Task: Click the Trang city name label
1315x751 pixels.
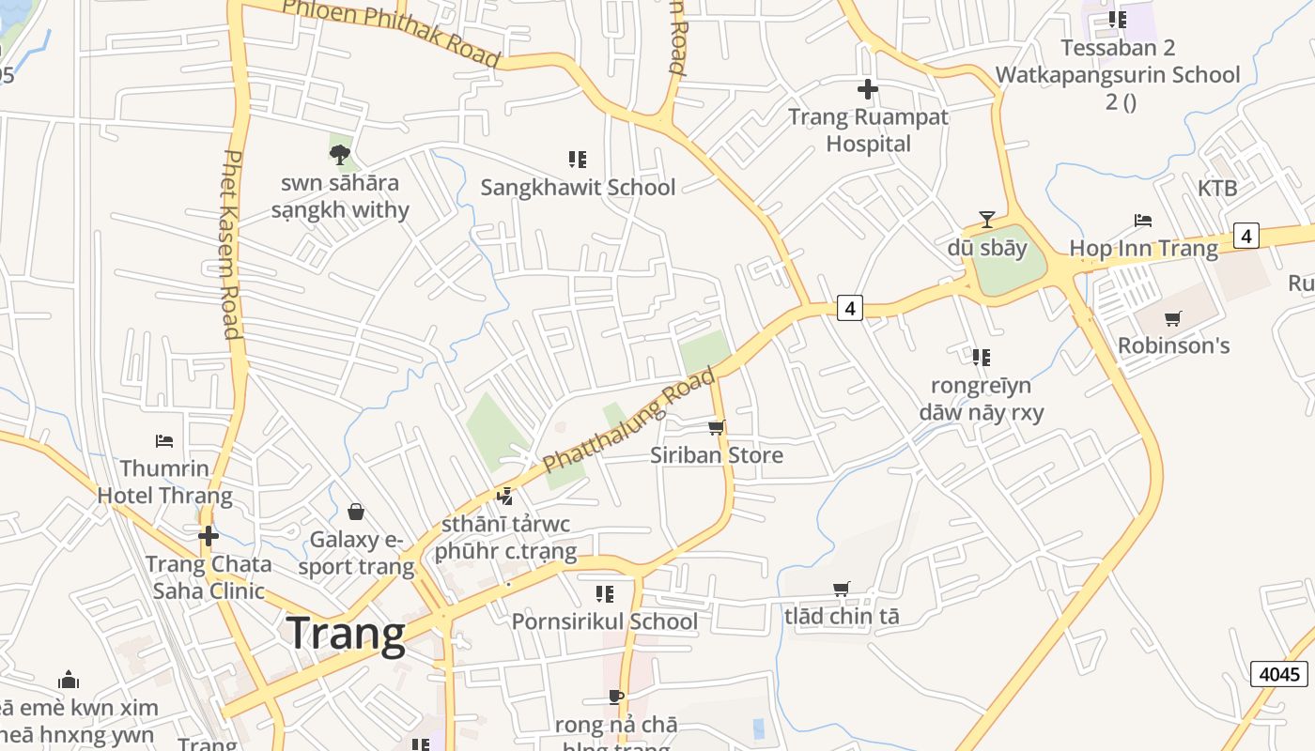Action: (x=346, y=634)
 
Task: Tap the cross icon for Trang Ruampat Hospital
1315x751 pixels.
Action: (x=868, y=90)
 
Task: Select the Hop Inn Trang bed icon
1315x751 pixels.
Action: (x=1143, y=221)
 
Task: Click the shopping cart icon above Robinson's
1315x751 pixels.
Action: (x=1172, y=319)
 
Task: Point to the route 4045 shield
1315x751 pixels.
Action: (x=1279, y=674)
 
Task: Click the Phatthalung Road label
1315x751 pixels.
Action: (x=628, y=421)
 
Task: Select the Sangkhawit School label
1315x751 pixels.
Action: (x=578, y=188)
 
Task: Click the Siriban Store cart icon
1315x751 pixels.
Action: (x=716, y=428)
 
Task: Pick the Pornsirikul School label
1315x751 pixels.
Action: (x=605, y=621)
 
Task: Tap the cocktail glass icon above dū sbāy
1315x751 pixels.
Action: (x=986, y=220)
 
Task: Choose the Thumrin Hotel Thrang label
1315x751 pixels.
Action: (x=165, y=481)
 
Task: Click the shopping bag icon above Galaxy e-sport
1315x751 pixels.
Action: (x=356, y=512)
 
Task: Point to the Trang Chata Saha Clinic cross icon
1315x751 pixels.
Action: (x=209, y=536)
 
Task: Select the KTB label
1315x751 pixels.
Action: (x=1216, y=189)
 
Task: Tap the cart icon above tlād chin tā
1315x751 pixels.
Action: (x=842, y=590)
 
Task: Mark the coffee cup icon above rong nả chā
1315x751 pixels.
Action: (x=616, y=697)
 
